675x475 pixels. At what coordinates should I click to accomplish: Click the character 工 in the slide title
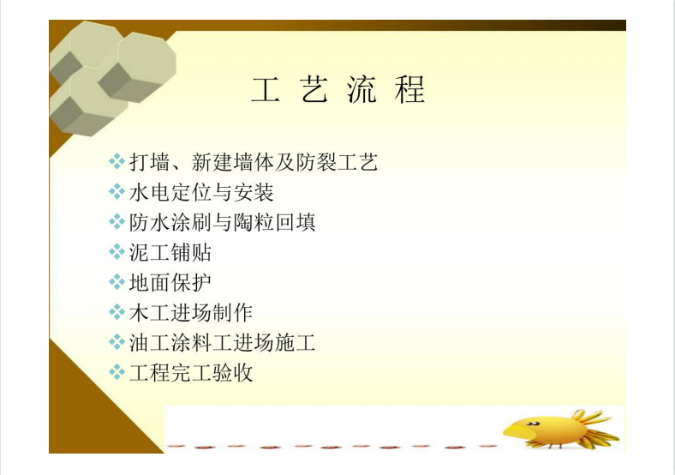(266, 90)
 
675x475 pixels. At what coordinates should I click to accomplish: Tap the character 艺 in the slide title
(314, 90)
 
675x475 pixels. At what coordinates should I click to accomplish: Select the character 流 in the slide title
(362, 90)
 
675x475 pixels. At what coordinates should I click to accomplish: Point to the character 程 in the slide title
(409, 90)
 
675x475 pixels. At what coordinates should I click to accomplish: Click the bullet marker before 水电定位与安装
(116, 192)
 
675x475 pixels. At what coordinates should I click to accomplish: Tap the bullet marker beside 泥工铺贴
(116, 252)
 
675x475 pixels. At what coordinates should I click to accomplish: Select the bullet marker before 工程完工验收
(116, 372)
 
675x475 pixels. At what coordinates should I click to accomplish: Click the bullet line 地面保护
(170, 282)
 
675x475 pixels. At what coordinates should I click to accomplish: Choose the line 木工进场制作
(191, 312)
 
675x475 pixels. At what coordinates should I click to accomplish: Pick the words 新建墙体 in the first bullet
(232, 162)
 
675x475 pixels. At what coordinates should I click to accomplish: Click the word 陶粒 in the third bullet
(254, 222)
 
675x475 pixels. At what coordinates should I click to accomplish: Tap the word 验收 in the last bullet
(232, 372)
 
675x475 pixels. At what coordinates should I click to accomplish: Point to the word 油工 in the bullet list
(149, 343)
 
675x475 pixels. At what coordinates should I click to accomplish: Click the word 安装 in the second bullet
(254, 192)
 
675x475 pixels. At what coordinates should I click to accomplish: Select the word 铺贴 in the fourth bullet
(191, 252)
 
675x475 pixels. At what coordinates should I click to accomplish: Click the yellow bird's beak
(516, 430)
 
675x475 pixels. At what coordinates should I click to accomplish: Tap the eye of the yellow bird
(533, 424)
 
